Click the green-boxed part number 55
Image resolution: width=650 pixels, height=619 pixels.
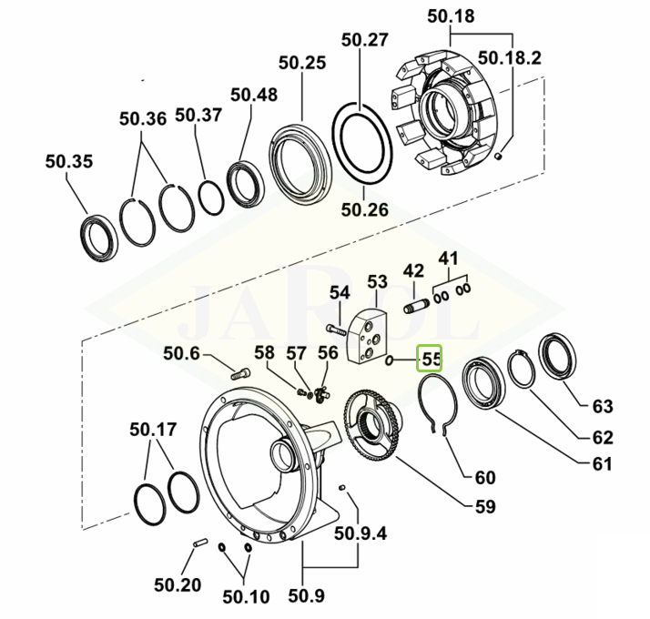coord(431,359)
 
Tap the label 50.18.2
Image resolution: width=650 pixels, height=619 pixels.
coord(510,58)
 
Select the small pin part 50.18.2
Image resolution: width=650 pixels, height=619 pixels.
coord(499,156)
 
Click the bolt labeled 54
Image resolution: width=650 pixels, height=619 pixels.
coord(335,330)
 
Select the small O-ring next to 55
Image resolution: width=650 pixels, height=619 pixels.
coord(390,360)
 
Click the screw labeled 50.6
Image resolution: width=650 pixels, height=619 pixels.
coord(240,373)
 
